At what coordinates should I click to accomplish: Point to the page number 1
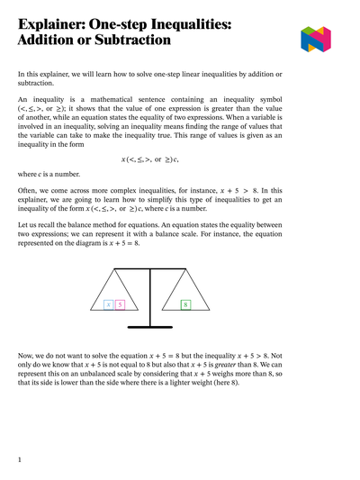pyautogui.click(x=19, y=460)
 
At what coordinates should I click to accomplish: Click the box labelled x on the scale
pyautogui.click(x=109, y=305)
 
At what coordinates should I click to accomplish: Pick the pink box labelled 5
pyautogui.click(x=120, y=305)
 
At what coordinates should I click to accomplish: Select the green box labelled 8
pyautogui.click(x=185, y=305)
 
